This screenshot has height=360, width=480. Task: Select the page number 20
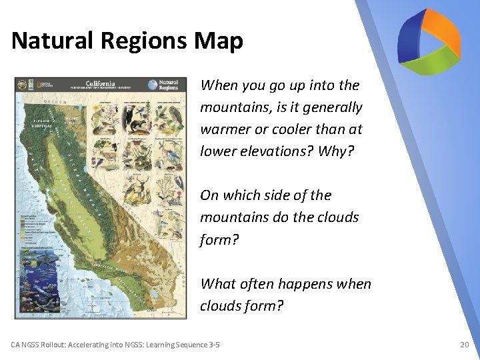click(464, 345)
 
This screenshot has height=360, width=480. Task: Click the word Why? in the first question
click(339, 151)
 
